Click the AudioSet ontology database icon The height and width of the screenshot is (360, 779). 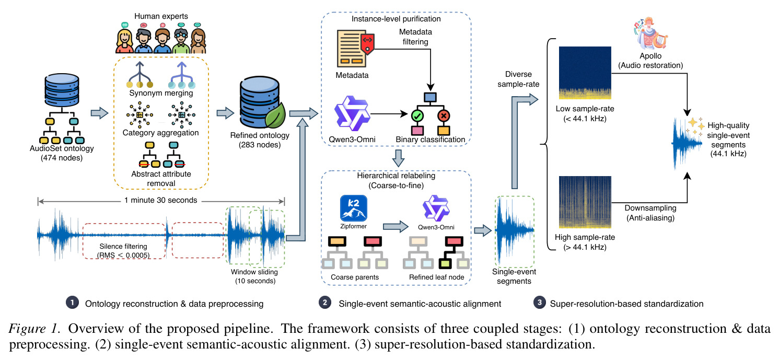coord(62,90)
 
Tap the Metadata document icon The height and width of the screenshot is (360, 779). coord(355,49)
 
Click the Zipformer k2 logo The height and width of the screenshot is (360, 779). coord(353,208)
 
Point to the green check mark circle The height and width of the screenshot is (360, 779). coord(417,116)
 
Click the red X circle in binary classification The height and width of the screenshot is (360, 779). coord(444,116)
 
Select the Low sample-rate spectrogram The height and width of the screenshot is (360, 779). coord(585,73)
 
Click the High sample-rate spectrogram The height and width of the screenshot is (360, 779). coord(585,202)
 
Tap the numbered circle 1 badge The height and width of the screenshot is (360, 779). coord(72,303)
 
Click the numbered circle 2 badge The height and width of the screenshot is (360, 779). coord(325,303)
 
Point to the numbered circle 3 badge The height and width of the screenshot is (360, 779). coord(539,303)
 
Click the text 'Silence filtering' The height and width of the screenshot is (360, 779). coord(123,246)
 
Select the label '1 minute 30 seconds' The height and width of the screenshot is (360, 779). coord(161,200)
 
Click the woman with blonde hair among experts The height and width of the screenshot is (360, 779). coord(124,41)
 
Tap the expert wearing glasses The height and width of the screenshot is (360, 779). coord(180,41)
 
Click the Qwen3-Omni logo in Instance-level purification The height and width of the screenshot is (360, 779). coord(352,113)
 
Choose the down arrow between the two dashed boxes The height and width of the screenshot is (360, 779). coord(398,158)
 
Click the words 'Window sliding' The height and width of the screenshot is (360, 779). coord(254,272)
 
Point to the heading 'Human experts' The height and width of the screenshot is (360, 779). coord(161,16)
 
